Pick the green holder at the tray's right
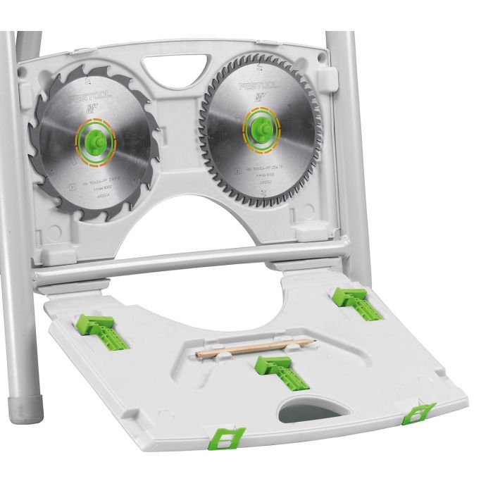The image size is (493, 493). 358,301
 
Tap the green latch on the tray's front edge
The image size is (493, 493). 227,437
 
